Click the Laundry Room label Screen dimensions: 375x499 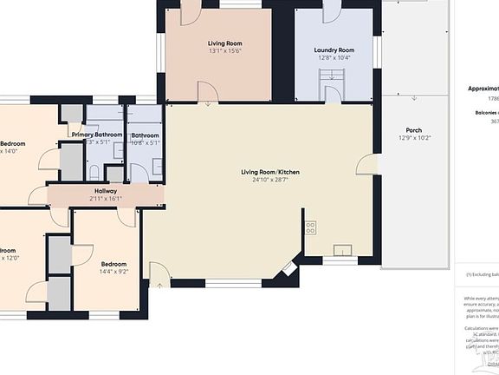[x=334, y=50]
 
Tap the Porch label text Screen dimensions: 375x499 [x=414, y=129]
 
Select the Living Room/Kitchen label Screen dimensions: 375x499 [x=270, y=172]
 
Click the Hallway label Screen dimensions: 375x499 [x=106, y=190]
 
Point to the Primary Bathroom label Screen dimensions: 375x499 [x=97, y=135]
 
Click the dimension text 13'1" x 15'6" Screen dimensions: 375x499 [x=224, y=51]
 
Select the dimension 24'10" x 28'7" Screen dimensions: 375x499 [x=270, y=181]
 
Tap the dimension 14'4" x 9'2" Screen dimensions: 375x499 [x=113, y=272]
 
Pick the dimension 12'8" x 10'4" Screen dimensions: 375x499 [x=334, y=59]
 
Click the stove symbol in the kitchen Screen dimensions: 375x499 [x=310, y=228]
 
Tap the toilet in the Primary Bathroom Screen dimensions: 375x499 [x=94, y=171]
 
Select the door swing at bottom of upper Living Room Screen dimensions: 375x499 [x=207, y=92]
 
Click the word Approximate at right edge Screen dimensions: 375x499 [x=483, y=88]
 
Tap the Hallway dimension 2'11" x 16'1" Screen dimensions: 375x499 [x=106, y=199]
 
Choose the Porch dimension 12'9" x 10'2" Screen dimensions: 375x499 [x=414, y=138]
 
